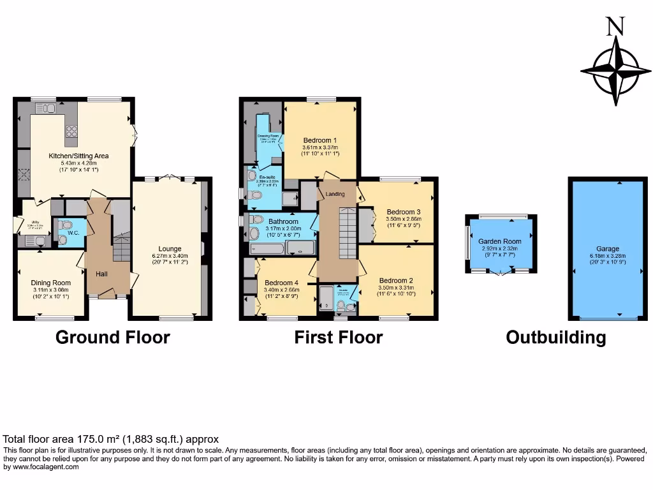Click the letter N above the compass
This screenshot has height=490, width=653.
pyautogui.click(x=614, y=26)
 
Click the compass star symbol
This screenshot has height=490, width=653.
pyautogui.click(x=616, y=71)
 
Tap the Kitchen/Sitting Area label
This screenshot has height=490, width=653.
pyautogui.click(x=79, y=156)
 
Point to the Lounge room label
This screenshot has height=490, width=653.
pyautogui.click(x=170, y=249)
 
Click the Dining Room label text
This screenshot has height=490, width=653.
pyautogui.click(x=51, y=283)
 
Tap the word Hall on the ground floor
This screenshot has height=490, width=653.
pyautogui.click(x=101, y=274)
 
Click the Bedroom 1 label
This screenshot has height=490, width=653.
pyautogui.click(x=320, y=140)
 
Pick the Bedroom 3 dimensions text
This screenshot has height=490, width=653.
pyautogui.click(x=404, y=221)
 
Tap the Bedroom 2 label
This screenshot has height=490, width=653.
pyautogui.click(x=397, y=280)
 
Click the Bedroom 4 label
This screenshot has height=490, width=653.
pyautogui.click(x=282, y=283)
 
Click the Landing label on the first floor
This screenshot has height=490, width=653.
pyautogui.click(x=335, y=194)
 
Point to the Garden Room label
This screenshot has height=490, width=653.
pyautogui.click(x=500, y=241)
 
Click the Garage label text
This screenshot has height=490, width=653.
pyautogui.click(x=608, y=249)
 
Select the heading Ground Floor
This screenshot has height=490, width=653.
pyautogui.click(x=113, y=337)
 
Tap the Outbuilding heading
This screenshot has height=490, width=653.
pyautogui.click(x=555, y=337)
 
